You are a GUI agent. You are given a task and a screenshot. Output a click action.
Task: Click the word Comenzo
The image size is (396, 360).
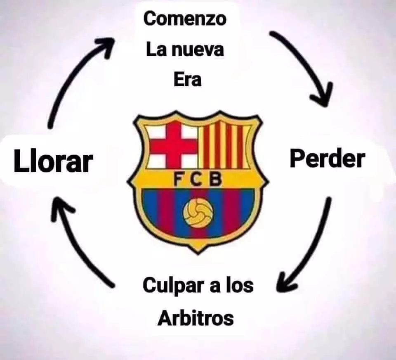pos(185,19)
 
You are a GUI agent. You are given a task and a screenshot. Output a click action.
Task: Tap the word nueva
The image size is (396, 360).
pos(198,50)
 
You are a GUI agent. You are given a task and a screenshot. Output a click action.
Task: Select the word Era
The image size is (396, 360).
pos(188,80)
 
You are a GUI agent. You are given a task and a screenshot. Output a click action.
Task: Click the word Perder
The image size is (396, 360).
pos(327,159)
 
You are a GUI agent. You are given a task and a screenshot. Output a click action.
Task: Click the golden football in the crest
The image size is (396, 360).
pos(198,212)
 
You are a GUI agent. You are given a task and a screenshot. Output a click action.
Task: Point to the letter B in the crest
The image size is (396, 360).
pos(216,179)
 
